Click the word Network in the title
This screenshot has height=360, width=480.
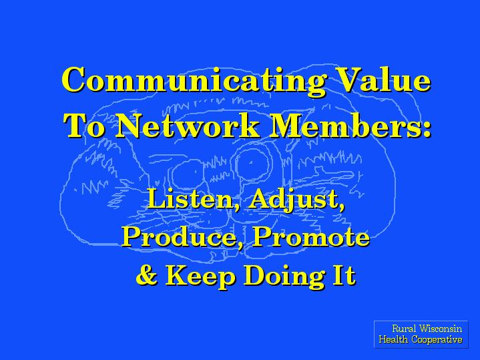click(x=187, y=126)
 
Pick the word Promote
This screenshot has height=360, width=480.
click(x=311, y=237)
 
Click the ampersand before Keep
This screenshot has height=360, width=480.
click(x=147, y=275)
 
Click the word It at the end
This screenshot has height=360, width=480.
click(x=344, y=275)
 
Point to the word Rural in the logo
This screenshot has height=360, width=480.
click(x=404, y=329)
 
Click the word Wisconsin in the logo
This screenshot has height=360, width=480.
click(x=441, y=329)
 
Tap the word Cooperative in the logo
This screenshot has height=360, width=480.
click(x=437, y=340)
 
